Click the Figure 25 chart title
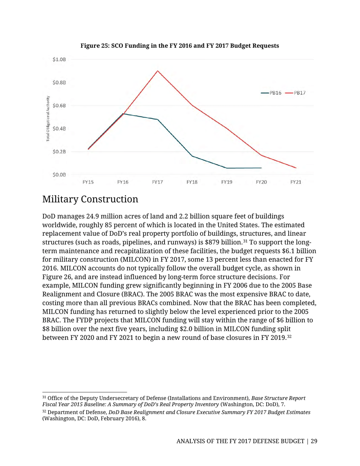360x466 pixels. click(x=180, y=45)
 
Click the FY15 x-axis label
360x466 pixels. click(x=88, y=183)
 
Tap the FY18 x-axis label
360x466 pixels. click(x=192, y=183)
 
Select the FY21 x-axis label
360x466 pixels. click(x=296, y=183)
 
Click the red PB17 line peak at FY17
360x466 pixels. click(x=157, y=71)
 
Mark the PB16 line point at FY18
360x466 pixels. click(x=192, y=156)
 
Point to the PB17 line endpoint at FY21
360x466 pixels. click(x=296, y=168)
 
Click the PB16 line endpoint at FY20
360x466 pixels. click(x=261, y=168)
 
